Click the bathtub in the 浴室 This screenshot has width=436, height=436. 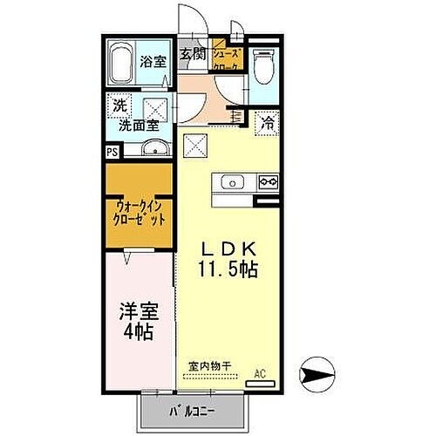pos(123,64)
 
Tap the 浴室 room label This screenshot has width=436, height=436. pos(153,62)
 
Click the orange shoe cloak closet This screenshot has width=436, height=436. pos(226,59)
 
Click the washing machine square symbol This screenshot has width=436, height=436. pos(155,111)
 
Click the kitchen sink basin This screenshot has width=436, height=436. pos(232,182)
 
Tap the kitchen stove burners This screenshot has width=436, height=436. pos(268,182)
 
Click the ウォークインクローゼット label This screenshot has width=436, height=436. pos(140,214)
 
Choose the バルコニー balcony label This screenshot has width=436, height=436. pos(189,411)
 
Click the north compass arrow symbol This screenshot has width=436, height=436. pos(315,375)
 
